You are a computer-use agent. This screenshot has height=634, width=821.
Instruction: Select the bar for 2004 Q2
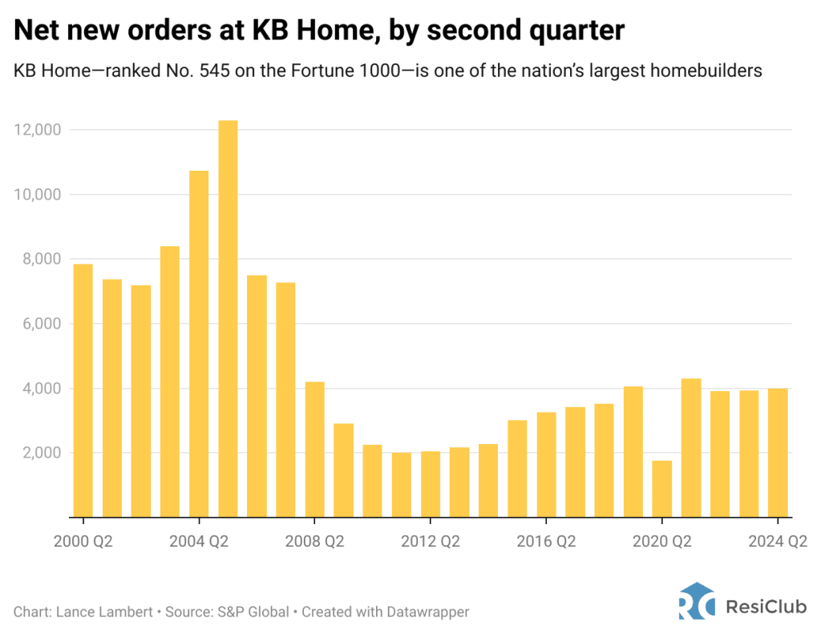(x=199, y=344)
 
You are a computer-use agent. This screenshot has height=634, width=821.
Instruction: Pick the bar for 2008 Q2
(x=314, y=450)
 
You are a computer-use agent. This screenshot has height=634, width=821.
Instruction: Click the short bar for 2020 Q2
(x=662, y=489)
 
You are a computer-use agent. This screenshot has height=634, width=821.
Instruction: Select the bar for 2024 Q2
(x=778, y=453)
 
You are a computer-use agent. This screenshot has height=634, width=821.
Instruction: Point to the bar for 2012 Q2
(x=431, y=484)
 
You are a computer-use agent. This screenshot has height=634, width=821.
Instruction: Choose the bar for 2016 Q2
(x=546, y=465)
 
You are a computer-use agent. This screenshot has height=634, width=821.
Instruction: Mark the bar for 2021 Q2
(x=691, y=448)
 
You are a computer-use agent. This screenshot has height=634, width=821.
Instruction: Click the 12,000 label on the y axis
(x=35, y=130)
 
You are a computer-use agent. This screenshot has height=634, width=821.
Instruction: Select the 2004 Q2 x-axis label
(x=199, y=542)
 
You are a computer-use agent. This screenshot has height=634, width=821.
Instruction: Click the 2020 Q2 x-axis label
(x=662, y=542)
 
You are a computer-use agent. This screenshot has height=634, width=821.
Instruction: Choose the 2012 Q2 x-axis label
(x=431, y=542)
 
